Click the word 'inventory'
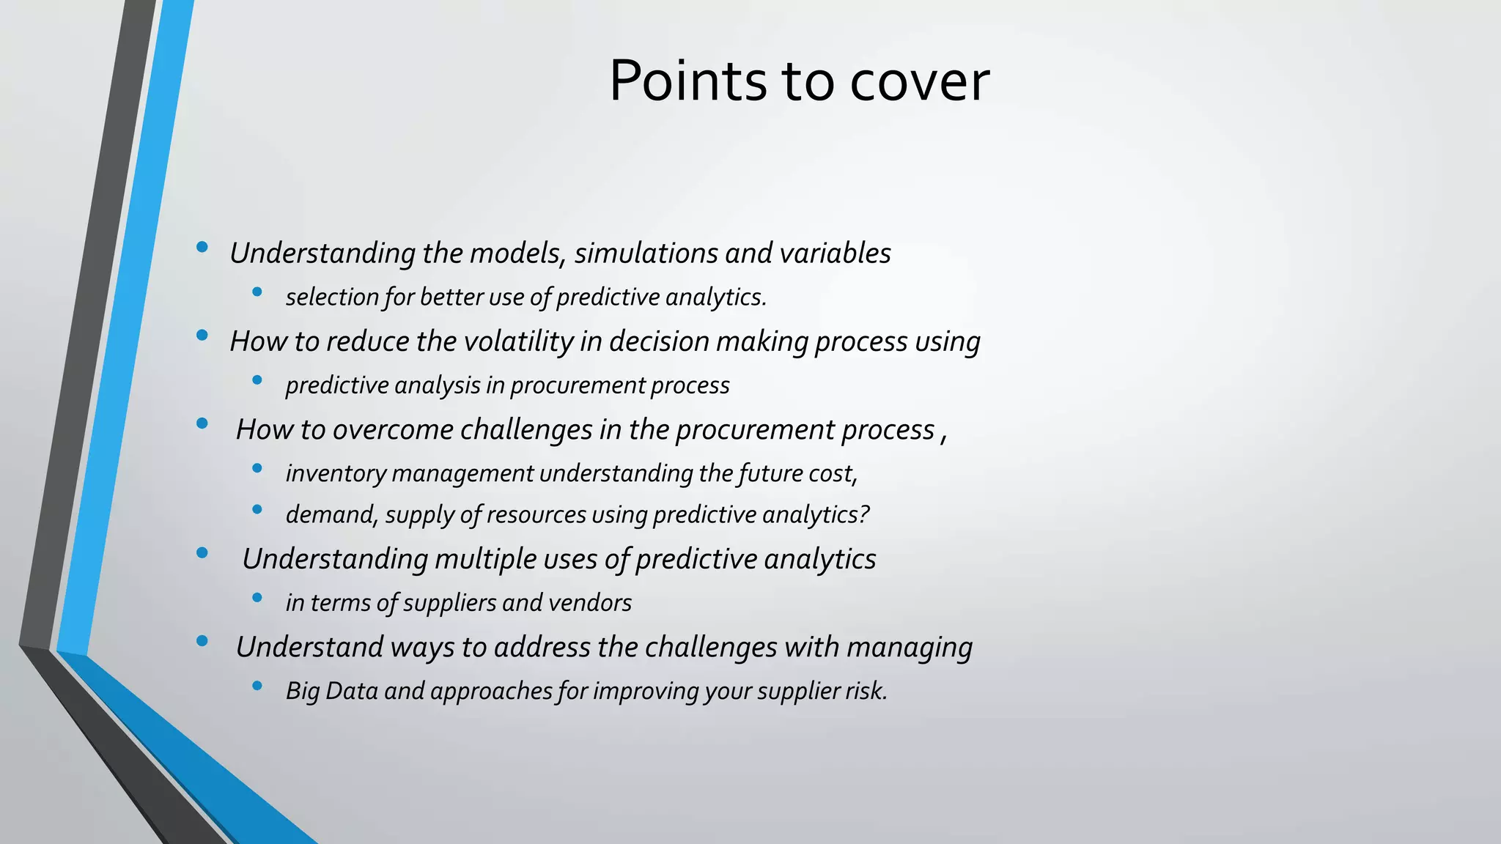tap(335, 473)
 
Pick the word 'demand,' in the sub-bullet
tap(332, 515)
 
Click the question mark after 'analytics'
tap(864, 514)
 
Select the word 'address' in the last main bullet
tap(542, 647)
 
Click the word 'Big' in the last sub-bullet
tap(302, 691)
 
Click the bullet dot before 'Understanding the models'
tap(202, 248)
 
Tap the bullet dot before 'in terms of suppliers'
tap(257, 598)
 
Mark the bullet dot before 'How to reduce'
tap(202, 336)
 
